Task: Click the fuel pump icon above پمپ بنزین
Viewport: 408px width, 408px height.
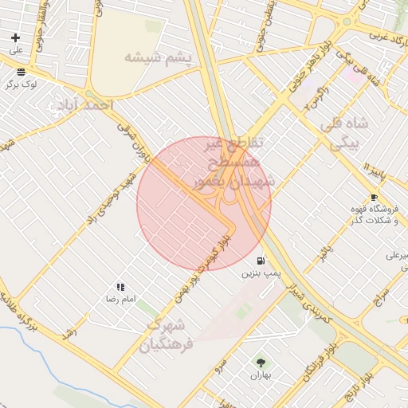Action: [261, 261]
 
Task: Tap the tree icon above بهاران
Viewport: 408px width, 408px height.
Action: [261, 363]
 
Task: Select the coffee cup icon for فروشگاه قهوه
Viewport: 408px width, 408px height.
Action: [374, 197]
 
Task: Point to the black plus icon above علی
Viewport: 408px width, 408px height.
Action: [15, 37]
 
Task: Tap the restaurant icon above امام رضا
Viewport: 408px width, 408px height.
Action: [120, 287]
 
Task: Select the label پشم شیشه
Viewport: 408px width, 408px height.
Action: [159, 57]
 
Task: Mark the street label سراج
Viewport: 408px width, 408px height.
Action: [380, 300]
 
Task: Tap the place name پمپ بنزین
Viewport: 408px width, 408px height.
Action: [262, 273]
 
